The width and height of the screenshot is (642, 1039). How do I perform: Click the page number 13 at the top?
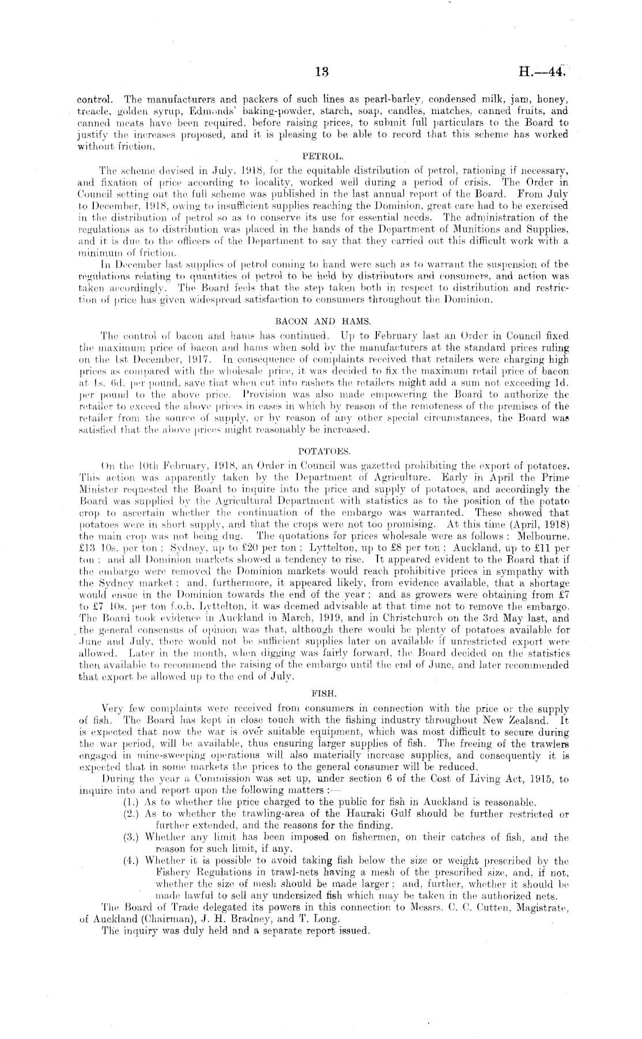click(322, 73)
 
